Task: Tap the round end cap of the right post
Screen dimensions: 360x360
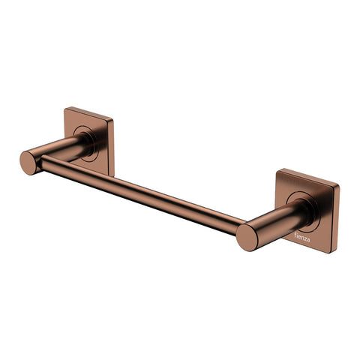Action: (247, 236)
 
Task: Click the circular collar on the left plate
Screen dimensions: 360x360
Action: (84, 142)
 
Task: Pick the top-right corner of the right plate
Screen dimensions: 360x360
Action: (339, 183)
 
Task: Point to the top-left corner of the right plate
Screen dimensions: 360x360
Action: (279, 169)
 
